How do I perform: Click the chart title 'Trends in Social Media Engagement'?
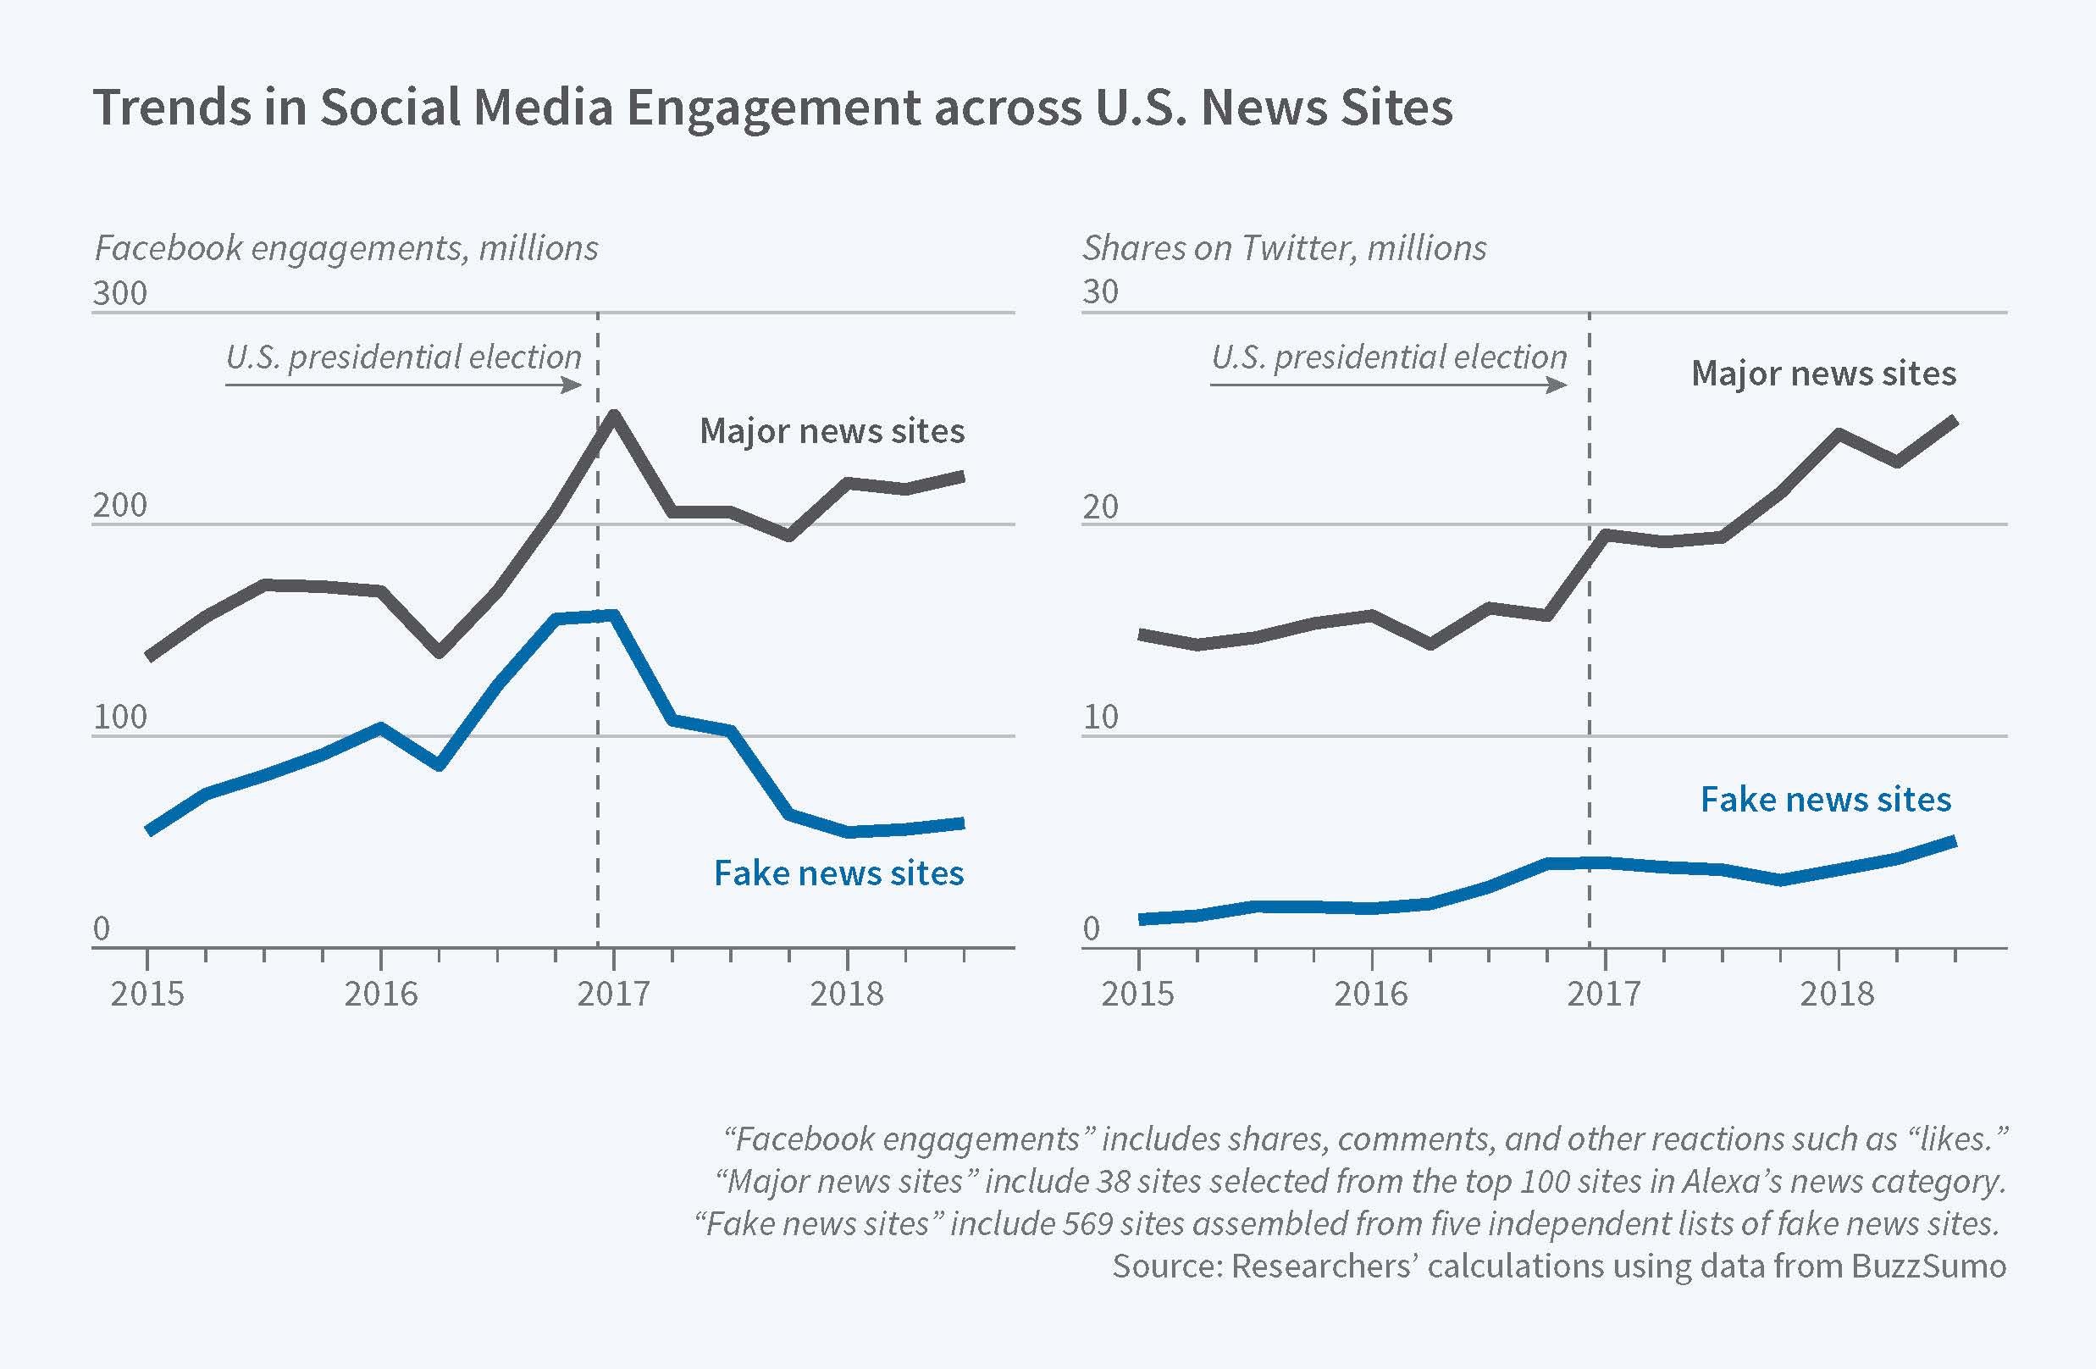click(771, 108)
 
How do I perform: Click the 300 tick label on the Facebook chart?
click(119, 292)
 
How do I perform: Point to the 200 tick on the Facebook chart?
click(119, 506)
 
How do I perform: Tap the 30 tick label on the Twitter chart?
click(1100, 291)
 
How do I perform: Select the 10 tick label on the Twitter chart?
click(1100, 717)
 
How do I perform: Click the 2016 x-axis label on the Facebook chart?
click(380, 994)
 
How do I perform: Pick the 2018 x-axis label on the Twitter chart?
click(1836, 994)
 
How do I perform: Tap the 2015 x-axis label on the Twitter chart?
click(1138, 994)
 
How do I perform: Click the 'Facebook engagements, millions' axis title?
click(346, 248)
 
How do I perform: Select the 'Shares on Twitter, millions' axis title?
click(1284, 248)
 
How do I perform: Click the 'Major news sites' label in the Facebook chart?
click(832, 432)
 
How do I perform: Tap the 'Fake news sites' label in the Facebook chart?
click(838, 873)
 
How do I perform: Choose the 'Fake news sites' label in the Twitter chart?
click(1825, 800)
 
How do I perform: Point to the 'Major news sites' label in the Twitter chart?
click(1823, 374)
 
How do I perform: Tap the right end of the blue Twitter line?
click(1954, 841)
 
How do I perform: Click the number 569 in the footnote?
click(1087, 1223)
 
